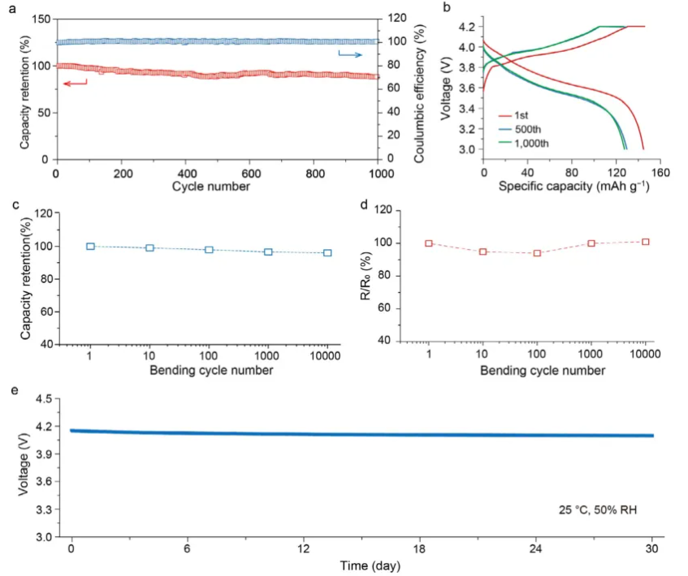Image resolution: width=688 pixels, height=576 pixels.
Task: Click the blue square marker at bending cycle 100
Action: click(209, 250)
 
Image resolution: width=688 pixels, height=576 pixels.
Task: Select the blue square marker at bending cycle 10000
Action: click(327, 253)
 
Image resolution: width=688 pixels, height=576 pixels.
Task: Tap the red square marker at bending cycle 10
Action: click(482, 251)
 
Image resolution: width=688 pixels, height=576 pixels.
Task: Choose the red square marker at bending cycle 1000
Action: click(591, 243)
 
